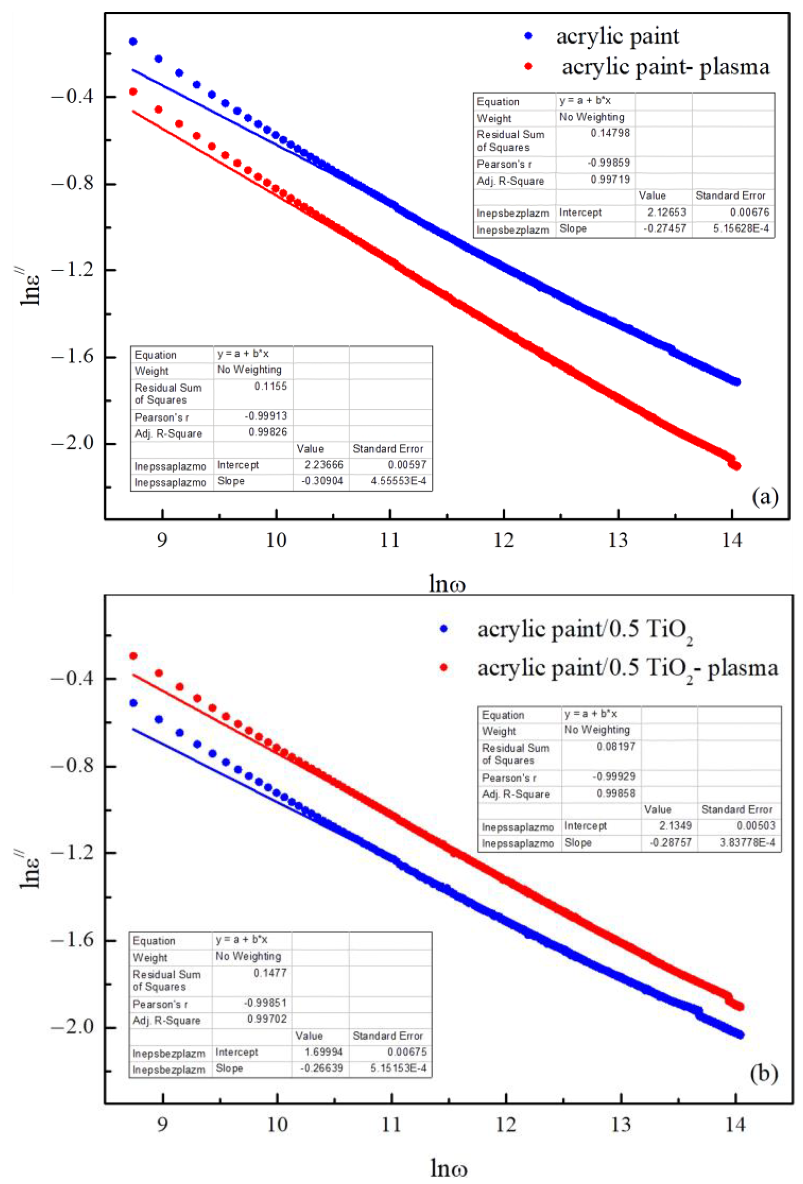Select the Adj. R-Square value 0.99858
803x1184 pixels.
(x=616, y=793)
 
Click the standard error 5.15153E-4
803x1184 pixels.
(x=398, y=1068)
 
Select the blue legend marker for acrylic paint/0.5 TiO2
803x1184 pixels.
(x=443, y=629)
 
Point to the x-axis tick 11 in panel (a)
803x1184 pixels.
(x=390, y=540)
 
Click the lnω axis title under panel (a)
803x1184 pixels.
(x=447, y=584)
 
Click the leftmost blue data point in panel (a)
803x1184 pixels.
(x=133, y=41)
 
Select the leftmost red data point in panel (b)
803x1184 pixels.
(x=133, y=656)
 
